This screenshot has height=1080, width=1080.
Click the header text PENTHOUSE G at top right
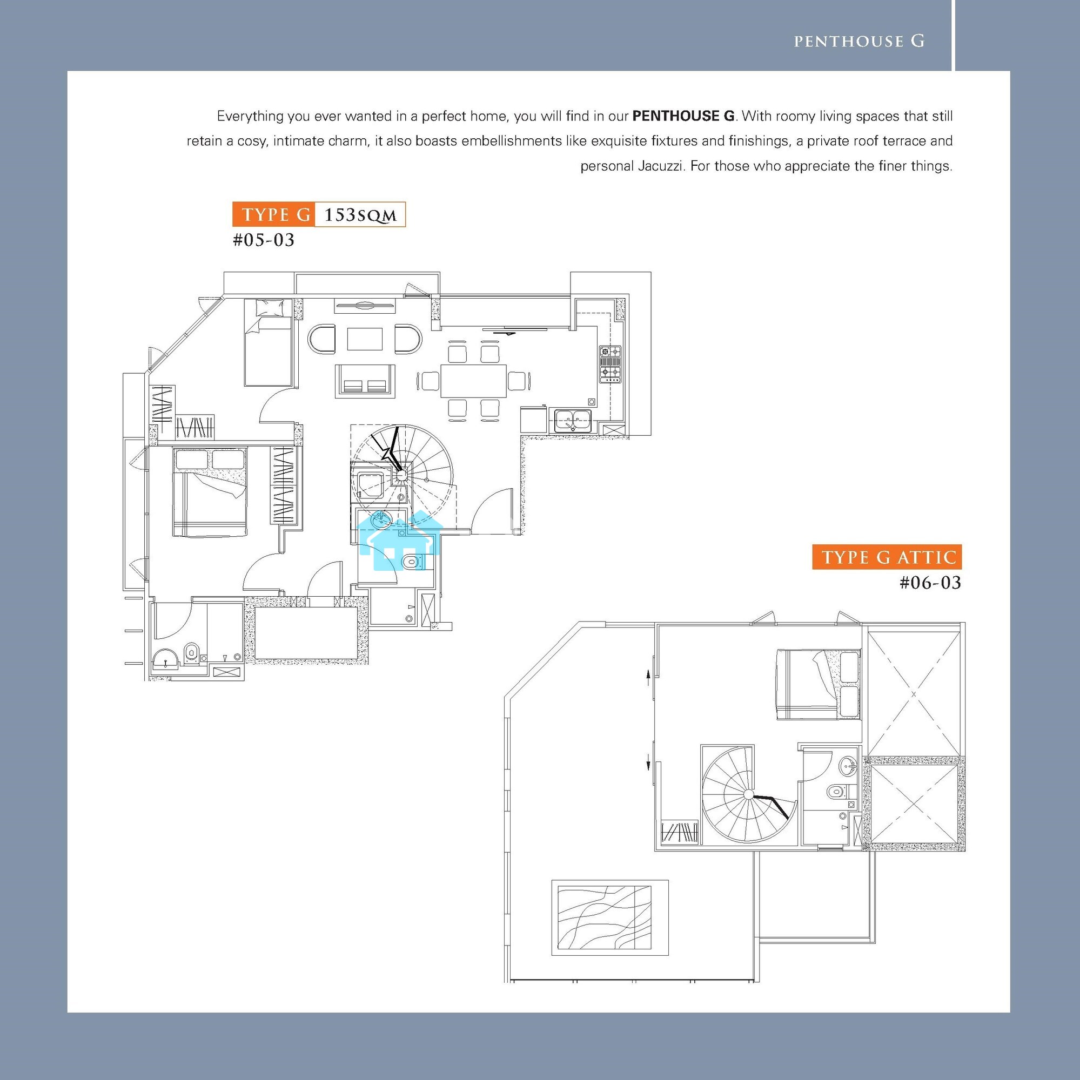[x=859, y=41]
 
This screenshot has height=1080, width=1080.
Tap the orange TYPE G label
[x=274, y=215]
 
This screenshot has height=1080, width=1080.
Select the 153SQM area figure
[x=360, y=215]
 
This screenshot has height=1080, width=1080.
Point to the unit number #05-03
[x=264, y=240]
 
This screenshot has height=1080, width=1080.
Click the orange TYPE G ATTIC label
[x=887, y=557]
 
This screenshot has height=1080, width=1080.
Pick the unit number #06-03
[x=930, y=583]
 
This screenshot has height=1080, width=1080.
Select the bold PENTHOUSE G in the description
[x=683, y=116]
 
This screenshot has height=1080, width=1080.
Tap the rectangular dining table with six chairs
[x=473, y=381]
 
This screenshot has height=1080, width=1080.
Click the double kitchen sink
[x=572, y=420]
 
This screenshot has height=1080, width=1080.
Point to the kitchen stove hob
[x=610, y=364]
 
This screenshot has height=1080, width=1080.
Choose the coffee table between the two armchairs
[x=365, y=339]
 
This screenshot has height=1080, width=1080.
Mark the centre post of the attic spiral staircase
[x=749, y=794]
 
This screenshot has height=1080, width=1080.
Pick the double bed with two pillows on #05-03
[x=210, y=491]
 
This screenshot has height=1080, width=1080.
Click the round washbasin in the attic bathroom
[x=848, y=765]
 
